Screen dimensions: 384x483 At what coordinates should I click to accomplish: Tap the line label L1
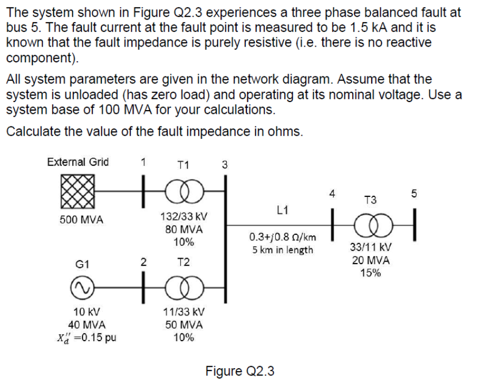click(x=282, y=209)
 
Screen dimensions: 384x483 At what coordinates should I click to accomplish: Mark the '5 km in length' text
click(x=282, y=250)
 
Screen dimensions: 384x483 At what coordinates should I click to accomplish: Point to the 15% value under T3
click(x=370, y=273)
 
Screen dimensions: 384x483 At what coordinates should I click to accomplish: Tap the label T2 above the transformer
click(x=183, y=263)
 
